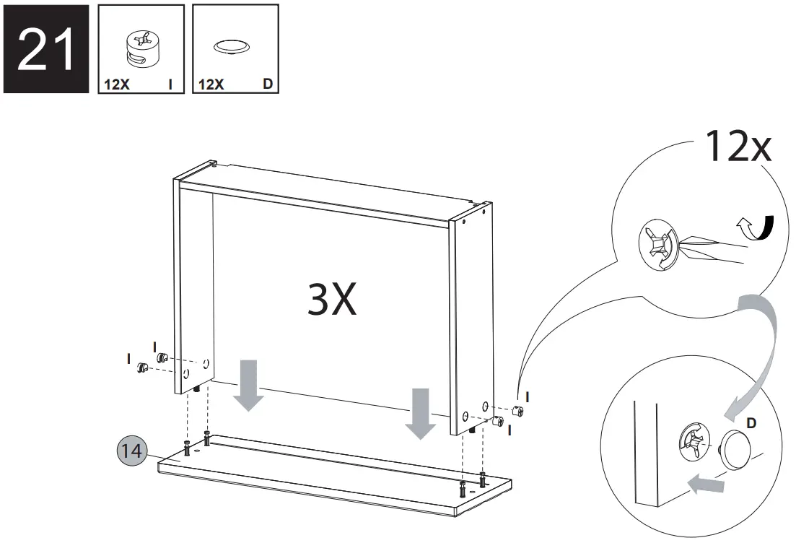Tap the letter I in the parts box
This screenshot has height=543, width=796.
pos(170,84)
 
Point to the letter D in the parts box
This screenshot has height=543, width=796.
pos(267,84)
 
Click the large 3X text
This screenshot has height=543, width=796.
pos(332,300)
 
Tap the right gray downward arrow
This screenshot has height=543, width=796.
pos(420,412)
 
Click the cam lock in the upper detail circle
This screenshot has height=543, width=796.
pos(657,246)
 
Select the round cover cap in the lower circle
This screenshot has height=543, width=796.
pos(737,447)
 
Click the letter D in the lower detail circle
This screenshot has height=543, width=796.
pos(751,423)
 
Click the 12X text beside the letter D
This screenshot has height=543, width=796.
pos(211,84)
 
